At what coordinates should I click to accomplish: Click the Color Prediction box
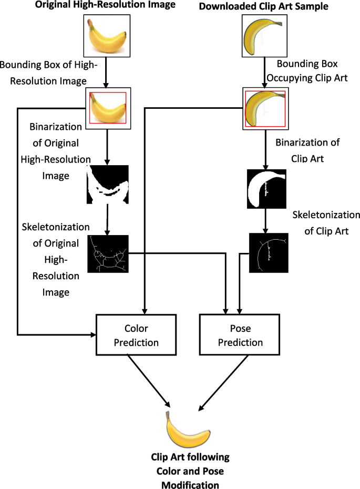136,334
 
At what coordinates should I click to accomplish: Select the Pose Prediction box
239,334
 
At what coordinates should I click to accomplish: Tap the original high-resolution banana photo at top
107,36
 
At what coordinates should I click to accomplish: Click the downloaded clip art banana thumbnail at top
265,36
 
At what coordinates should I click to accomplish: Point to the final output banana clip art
188,429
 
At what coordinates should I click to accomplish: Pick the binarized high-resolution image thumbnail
108,185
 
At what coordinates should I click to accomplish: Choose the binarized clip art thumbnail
266,189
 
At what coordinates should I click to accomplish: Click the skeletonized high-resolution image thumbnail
108,254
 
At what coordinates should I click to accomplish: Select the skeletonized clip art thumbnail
269,253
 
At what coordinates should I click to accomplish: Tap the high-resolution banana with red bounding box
108,108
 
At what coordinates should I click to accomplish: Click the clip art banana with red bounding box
265,108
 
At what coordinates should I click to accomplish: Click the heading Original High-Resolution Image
105,5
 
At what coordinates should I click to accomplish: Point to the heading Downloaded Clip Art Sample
264,6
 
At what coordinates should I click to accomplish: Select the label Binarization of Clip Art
307,150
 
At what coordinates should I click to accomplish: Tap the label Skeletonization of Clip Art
326,222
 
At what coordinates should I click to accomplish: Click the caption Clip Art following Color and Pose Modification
190,471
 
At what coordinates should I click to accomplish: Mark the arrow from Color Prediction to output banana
149,381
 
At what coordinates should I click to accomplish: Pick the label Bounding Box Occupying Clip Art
307,70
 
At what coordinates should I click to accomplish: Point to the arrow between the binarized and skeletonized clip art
265,221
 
